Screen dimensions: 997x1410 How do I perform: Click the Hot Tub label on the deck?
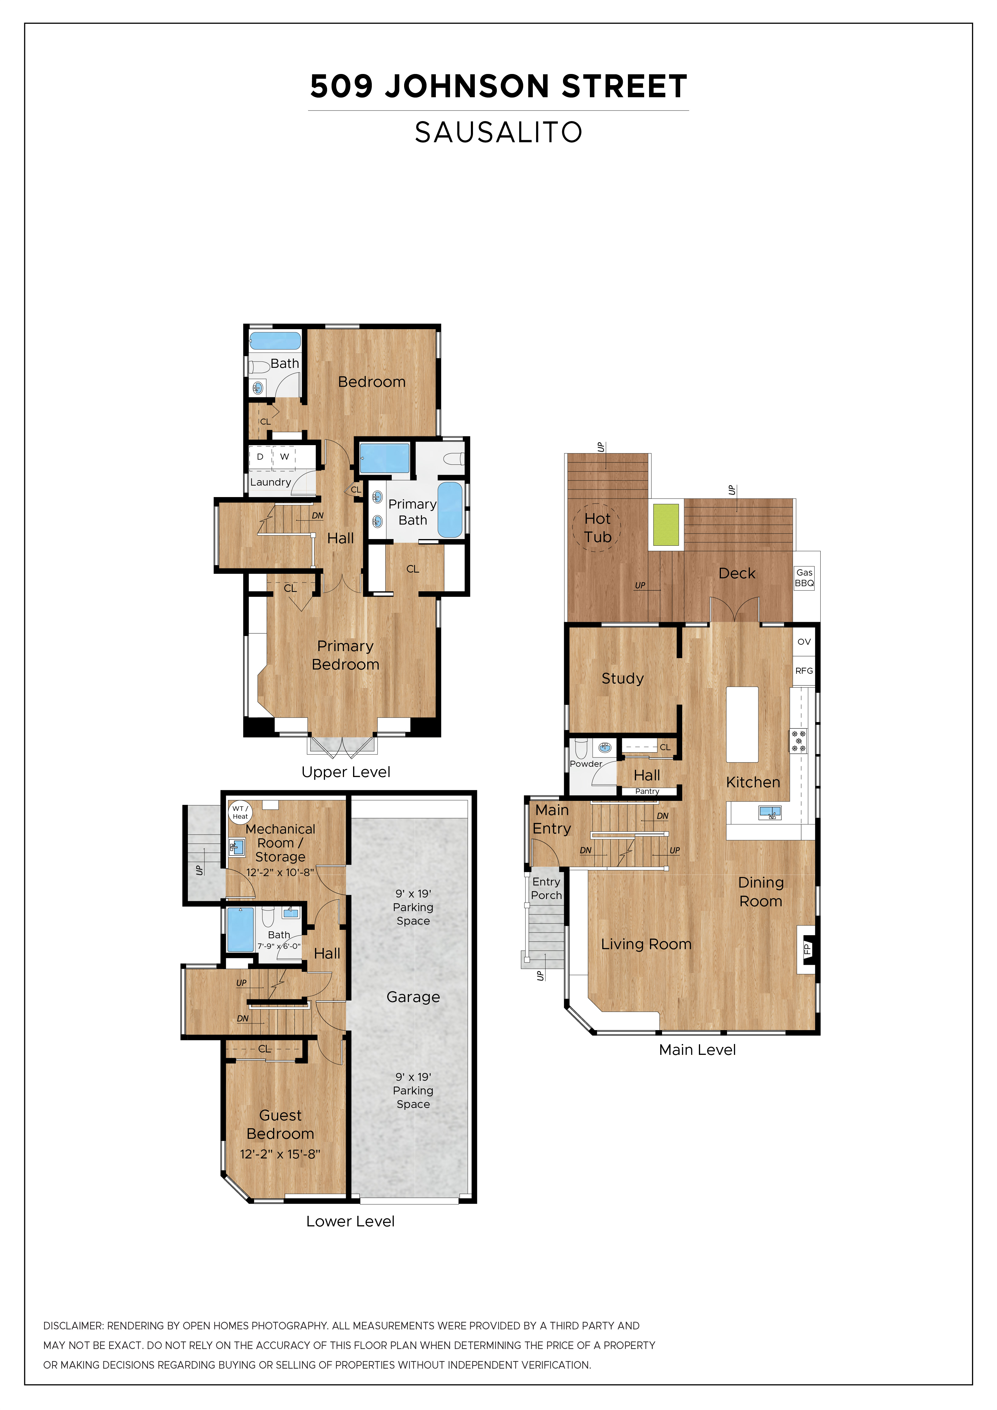pyautogui.click(x=597, y=528)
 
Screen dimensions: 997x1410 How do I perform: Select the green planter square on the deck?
pyautogui.click(x=666, y=525)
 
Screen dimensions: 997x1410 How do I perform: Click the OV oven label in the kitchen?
pyautogui.click(x=804, y=642)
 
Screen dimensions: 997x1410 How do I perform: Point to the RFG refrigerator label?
pyautogui.click(x=804, y=671)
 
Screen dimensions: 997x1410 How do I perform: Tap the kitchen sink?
pyautogui.click(x=770, y=813)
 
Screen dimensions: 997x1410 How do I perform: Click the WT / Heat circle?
pyautogui.click(x=240, y=812)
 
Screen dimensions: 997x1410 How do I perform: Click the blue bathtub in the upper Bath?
pyautogui.click(x=275, y=341)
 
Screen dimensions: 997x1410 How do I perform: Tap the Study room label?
pyautogui.click(x=622, y=679)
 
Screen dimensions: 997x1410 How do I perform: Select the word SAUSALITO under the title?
pyautogui.click(x=498, y=132)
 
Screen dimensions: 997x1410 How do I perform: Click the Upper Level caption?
pyautogui.click(x=346, y=772)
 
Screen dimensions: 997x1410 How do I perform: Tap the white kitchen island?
pyautogui.click(x=742, y=725)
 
